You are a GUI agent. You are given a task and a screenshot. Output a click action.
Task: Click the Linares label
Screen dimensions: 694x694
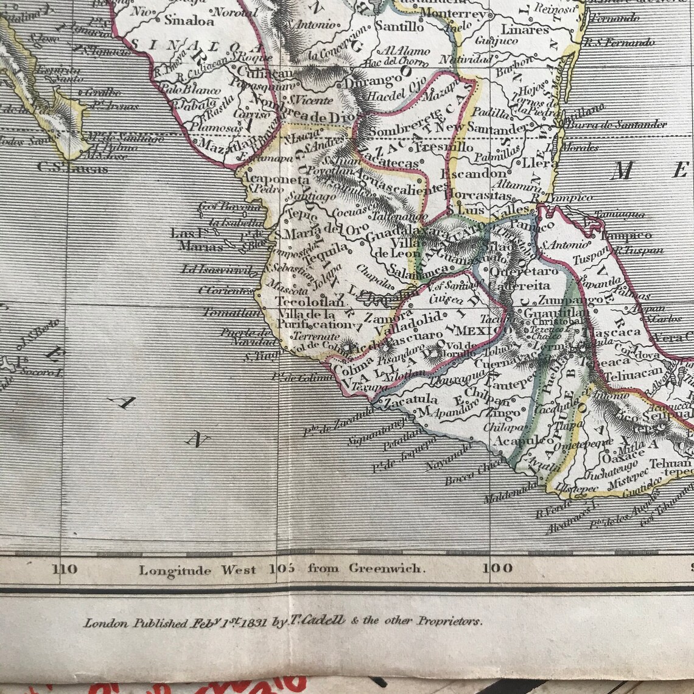coord(525,30)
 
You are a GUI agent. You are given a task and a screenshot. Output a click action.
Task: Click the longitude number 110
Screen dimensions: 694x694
coord(65,569)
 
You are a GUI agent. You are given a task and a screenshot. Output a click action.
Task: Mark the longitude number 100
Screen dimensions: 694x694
coord(497,569)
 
